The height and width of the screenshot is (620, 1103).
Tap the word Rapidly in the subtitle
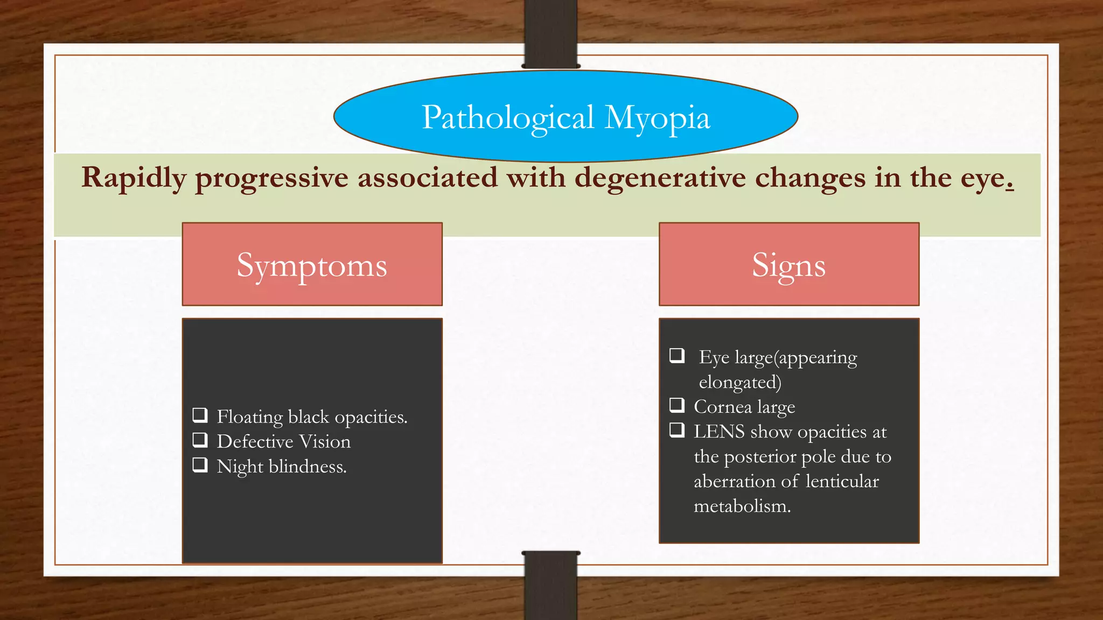134,178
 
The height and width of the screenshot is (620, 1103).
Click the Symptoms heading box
312,264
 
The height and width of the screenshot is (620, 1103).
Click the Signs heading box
788,264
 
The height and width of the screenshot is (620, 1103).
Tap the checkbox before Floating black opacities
200,415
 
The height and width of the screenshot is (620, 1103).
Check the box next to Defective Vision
200,440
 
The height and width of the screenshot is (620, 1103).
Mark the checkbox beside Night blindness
200,464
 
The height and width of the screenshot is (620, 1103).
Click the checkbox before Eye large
677,355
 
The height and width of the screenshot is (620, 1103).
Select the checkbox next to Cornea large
677,405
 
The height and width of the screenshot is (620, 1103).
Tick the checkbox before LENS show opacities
677,429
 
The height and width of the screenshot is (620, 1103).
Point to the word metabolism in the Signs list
742,506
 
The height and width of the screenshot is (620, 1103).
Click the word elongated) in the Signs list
739,383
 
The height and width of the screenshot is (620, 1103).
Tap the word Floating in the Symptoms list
249,417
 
